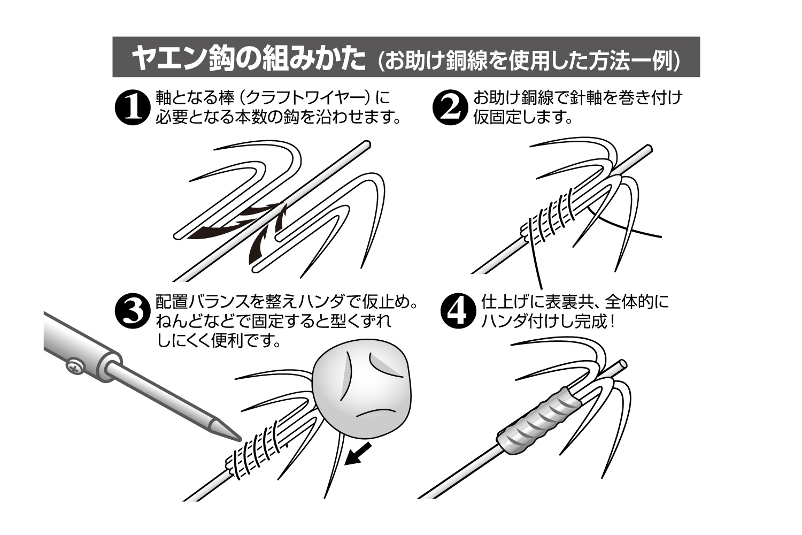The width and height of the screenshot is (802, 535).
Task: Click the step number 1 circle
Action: pyautogui.click(x=131, y=107)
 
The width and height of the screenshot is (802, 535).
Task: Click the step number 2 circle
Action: pyautogui.click(x=448, y=107)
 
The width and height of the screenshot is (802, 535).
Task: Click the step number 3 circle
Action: pyautogui.click(x=131, y=311)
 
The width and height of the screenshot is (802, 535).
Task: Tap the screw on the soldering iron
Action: pyautogui.click(x=73, y=367)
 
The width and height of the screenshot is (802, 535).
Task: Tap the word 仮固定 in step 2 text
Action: pyautogui.click(x=497, y=117)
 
